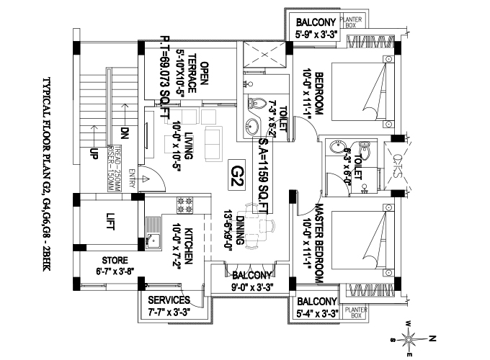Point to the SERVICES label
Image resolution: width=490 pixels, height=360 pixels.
point(168,300)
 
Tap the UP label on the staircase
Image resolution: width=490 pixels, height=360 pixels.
point(94,153)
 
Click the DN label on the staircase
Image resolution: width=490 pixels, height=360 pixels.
point(124,132)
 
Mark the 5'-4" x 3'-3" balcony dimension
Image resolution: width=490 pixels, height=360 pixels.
point(316,314)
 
